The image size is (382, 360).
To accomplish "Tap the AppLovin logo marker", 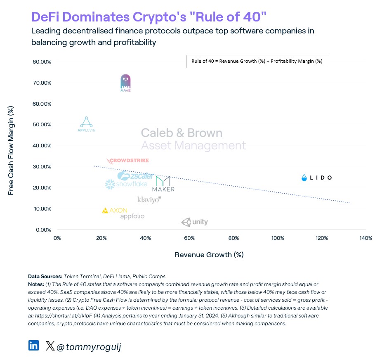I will point(86,124).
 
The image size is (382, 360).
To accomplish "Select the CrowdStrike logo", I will point(122,161).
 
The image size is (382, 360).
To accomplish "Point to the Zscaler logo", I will point(135,176).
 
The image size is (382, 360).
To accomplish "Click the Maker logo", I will point(163,184).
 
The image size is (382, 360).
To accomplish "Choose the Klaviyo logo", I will point(149,200).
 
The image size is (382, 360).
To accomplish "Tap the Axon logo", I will point(115,211).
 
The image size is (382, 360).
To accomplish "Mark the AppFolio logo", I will point(132,216).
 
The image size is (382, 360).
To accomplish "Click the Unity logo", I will point(195,222).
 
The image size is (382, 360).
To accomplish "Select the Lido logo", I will point(316,178).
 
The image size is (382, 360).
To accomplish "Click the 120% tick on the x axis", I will point(322,238).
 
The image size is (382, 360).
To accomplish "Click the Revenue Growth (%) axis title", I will point(209,255).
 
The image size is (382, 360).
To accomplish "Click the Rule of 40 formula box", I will point(258,62).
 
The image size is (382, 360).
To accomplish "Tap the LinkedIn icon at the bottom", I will point(34,345).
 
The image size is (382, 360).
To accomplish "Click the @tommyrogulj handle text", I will point(88,347).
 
